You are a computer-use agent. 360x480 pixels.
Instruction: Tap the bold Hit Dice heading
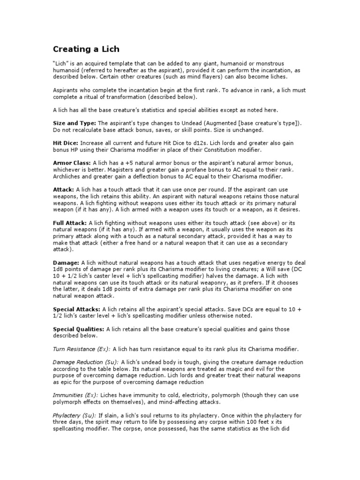pyautogui.click(x=66, y=142)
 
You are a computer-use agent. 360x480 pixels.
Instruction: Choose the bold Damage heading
pyautogui.click(x=66, y=263)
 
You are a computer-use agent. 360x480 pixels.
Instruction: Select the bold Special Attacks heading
pyautogui.click(x=76, y=310)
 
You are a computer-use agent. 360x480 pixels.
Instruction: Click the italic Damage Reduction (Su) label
pyautogui.click(x=86, y=362)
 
